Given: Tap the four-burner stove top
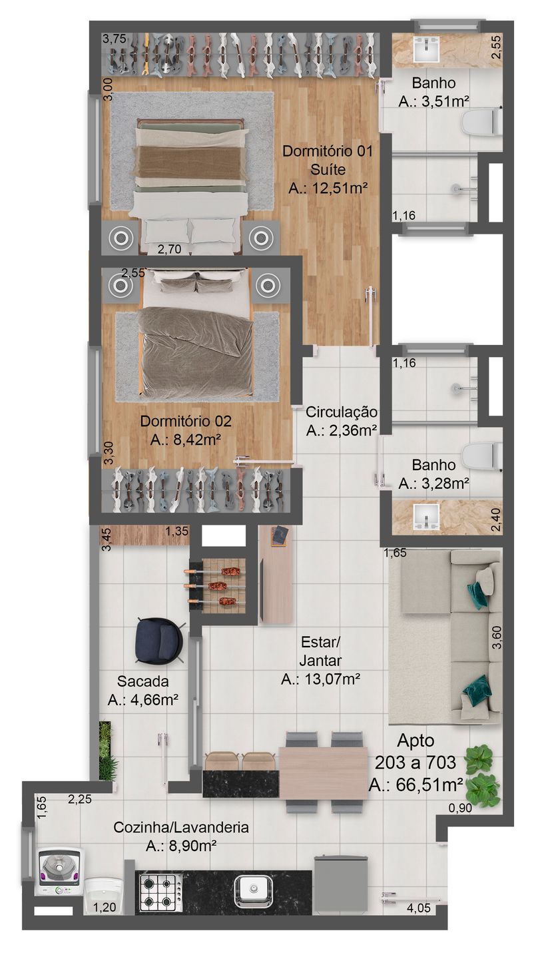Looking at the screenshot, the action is click(160, 892).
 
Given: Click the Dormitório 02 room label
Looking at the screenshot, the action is click(186, 422).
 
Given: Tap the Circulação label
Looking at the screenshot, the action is click(341, 412).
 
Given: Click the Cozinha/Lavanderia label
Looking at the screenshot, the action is click(181, 828).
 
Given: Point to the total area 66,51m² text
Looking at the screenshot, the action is click(415, 785).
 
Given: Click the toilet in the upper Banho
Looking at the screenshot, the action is click(481, 122).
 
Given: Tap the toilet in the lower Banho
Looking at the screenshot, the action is click(481, 456).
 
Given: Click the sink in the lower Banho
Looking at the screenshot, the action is click(426, 517).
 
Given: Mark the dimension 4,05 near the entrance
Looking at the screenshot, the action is click(418, 908).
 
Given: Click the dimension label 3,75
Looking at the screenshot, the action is click(115, 39).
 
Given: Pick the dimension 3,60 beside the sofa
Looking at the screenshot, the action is click(496, 637).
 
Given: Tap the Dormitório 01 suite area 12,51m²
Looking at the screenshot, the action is click(328, 188).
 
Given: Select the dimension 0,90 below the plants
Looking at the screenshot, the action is click(460, 808).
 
